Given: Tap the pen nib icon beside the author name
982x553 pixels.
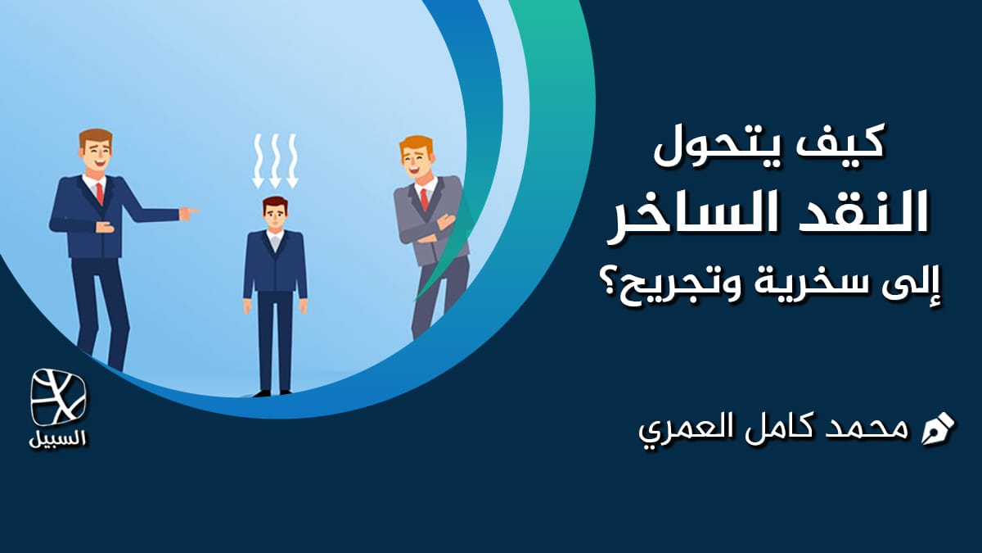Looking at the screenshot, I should pos(938,428).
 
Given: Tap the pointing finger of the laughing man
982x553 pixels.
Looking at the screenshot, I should pos(191,213).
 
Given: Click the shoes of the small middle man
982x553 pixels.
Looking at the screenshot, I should pos(273,392).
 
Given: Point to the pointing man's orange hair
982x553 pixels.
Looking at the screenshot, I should pos(95,138).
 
